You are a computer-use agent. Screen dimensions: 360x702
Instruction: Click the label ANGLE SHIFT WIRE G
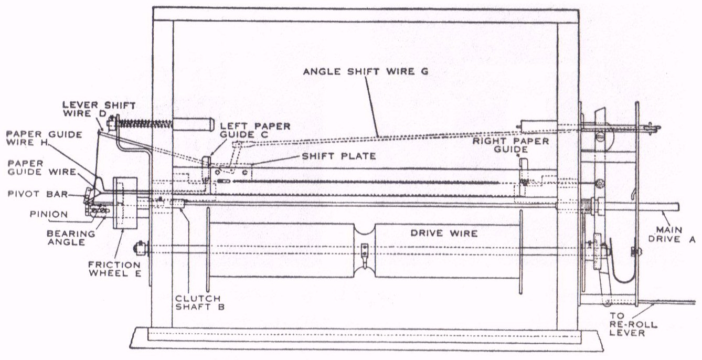(366, 72)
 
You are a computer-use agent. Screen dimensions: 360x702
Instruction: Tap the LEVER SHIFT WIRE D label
(98, 109)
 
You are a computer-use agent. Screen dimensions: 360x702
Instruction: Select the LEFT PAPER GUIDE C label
(255, 131)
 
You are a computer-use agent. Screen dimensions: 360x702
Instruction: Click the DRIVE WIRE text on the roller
(444, 233)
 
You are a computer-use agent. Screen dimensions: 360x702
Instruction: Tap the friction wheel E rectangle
(125, 203)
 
